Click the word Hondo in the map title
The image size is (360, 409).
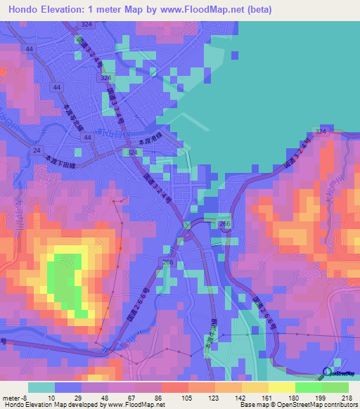coord(25,9)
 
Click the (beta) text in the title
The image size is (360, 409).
coord(261,9)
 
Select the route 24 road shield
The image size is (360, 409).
coord(36,150)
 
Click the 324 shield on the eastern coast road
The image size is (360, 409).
coord(321,131)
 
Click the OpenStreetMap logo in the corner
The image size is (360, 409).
coord(337,375)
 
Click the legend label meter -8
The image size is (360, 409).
coord(16,397)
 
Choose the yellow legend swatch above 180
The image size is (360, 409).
coord(282,387)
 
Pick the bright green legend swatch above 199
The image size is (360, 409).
coord(309,387)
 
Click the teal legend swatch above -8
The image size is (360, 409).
coord(41,387)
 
